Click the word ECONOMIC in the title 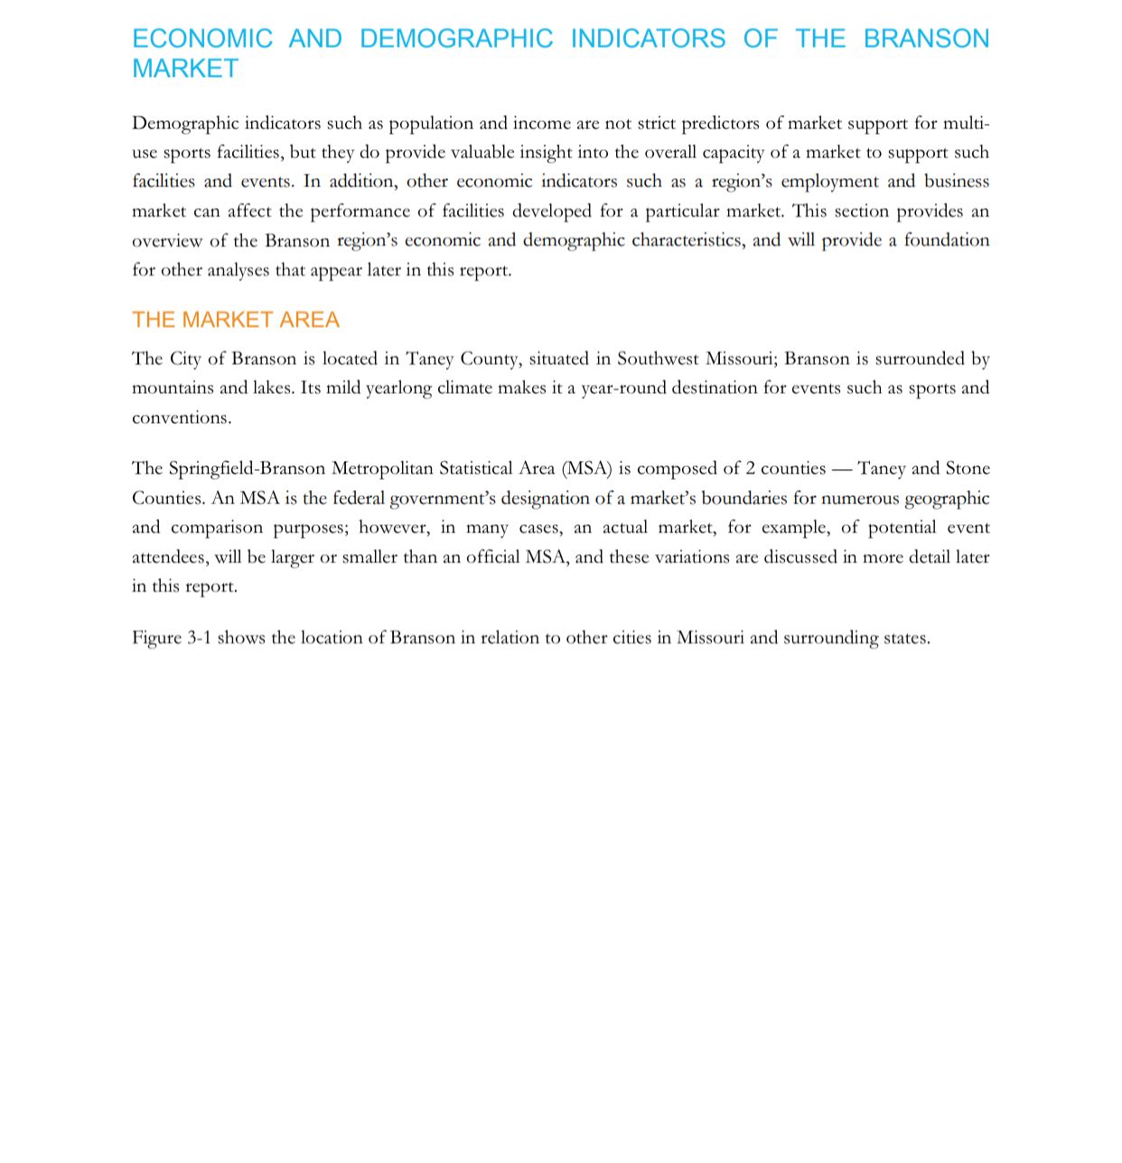(x=202, y=39)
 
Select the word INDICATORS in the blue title (x=647, y=39)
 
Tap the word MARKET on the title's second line (x=185, y=69)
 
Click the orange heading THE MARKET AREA (x=236, y=320)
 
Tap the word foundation (x=947, y=240)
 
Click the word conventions (x=182, y=418)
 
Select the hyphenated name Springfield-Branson (x=247, y=468)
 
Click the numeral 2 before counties (x=750, y=468)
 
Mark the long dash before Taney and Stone (x=841, y=469)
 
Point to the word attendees (x=169, y=558)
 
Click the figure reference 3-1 (x=199, y=638)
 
